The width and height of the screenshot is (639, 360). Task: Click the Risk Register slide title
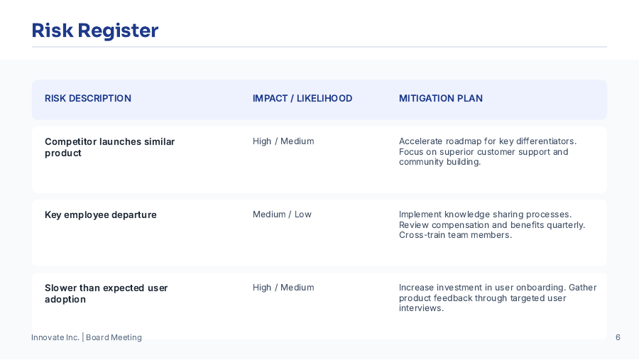(x=95, y=31)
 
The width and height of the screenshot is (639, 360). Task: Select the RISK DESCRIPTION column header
(x=88, y=99)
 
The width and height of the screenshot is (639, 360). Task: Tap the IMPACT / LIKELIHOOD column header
(x=302, y=99)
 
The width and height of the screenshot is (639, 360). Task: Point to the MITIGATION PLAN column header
(x=441, y=99)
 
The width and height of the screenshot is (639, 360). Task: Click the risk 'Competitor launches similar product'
(x=109, y=147)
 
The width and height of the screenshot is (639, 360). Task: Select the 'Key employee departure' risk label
(x=101, y=215)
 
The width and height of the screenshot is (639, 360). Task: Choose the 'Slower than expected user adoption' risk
(x=106, y=293)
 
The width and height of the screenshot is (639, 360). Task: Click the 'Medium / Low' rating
(x=282, y=214)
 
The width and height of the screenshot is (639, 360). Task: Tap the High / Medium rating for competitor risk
(x=283, y=141)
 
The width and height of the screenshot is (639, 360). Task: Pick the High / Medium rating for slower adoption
(x=283, y=288)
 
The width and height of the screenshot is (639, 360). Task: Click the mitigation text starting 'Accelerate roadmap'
(x=487, y=151)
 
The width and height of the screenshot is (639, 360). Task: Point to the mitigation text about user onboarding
(x=497, y=298)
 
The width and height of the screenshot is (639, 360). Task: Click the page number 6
(x=618, y=337)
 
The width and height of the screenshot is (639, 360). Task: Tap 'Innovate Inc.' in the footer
(x=55, y=337)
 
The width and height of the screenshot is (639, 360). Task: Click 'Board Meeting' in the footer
(x=114, y=337)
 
